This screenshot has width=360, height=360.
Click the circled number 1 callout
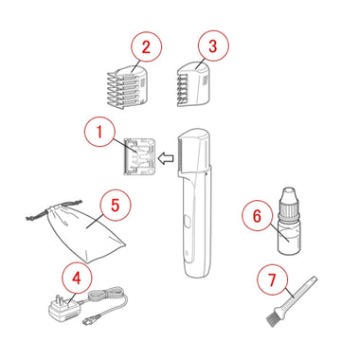point(99,131)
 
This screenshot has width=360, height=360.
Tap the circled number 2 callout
point(146,47)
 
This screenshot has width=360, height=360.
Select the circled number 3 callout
point(213,46)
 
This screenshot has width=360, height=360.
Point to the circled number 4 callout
point(77,279)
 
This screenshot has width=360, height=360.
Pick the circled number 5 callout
point(116,205)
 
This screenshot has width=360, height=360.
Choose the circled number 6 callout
point(258,216)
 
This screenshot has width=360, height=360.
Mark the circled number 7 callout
point(273,279)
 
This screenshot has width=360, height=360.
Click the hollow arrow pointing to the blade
point(166,158)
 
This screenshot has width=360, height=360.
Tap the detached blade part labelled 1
point(139,156)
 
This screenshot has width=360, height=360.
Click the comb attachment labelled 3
point(193,83)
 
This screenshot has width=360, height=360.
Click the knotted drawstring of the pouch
point(54,211)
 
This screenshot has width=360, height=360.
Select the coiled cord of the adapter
point(107,296)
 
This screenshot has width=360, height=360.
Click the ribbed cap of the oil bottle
point(287,207)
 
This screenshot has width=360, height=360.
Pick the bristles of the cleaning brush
point(272,320)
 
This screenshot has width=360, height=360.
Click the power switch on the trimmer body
point(187,221)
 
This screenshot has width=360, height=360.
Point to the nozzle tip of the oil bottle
point(288,192)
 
